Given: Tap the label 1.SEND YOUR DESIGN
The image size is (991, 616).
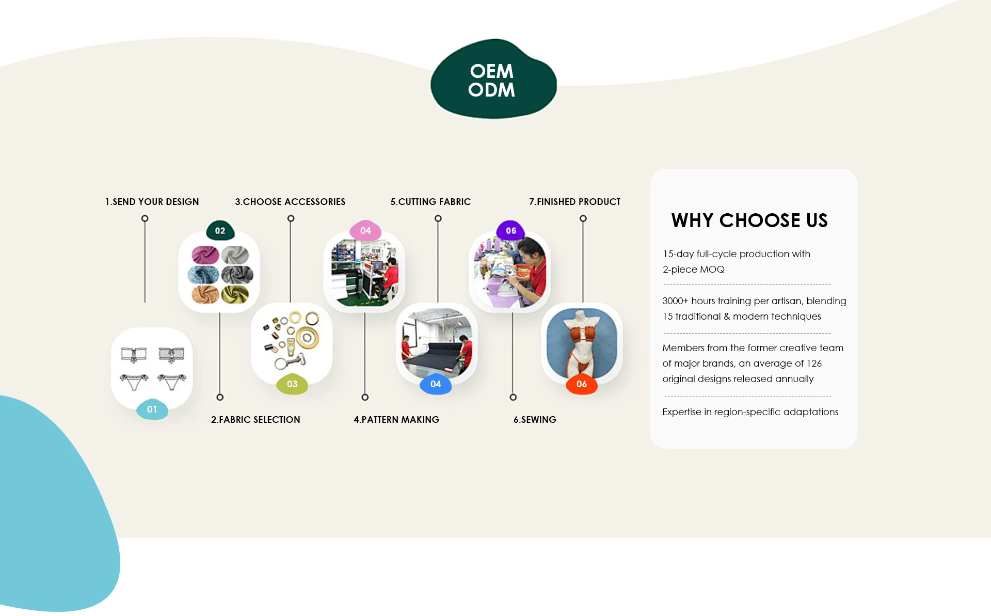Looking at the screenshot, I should [x=152, y=202].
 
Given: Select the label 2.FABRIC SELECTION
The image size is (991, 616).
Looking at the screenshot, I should [x=255, y=420].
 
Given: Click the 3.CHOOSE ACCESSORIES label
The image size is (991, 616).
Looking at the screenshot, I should [x=290, y=202].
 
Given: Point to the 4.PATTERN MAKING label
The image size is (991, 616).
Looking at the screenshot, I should [x=396, y=420].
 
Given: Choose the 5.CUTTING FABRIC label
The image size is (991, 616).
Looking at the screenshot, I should [x=430, y=202].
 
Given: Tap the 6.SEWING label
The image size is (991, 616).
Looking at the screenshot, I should [x=535, y=420].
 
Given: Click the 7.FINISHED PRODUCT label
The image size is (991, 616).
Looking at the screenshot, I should [x=574, y=202].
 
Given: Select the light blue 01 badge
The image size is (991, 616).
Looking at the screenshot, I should [x=152, y=409].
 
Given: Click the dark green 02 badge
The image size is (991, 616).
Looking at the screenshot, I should [x=220, y=231].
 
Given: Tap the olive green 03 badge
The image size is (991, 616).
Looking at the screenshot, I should [x=292, y=384].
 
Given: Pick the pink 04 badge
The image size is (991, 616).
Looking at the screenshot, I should [x=365, y=231].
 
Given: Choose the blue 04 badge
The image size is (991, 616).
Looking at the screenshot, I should [x=436, y=384].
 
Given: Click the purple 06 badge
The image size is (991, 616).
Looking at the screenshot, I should [x=511, y=231].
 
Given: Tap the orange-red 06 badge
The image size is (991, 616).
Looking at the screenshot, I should [x=582, y=384].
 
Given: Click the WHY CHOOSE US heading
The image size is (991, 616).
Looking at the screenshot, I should [x=749, y=220].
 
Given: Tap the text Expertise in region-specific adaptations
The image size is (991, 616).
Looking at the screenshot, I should [x=750, y=412].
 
